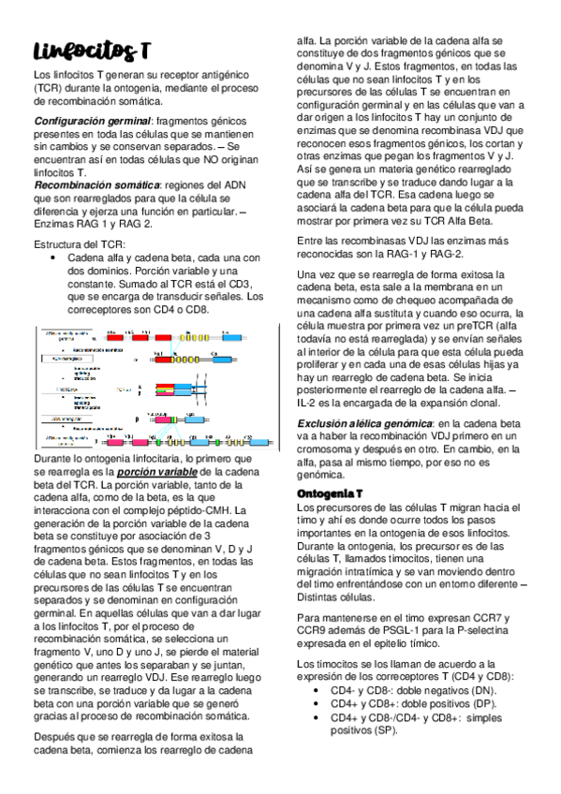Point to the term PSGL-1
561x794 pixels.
pos(405,631)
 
